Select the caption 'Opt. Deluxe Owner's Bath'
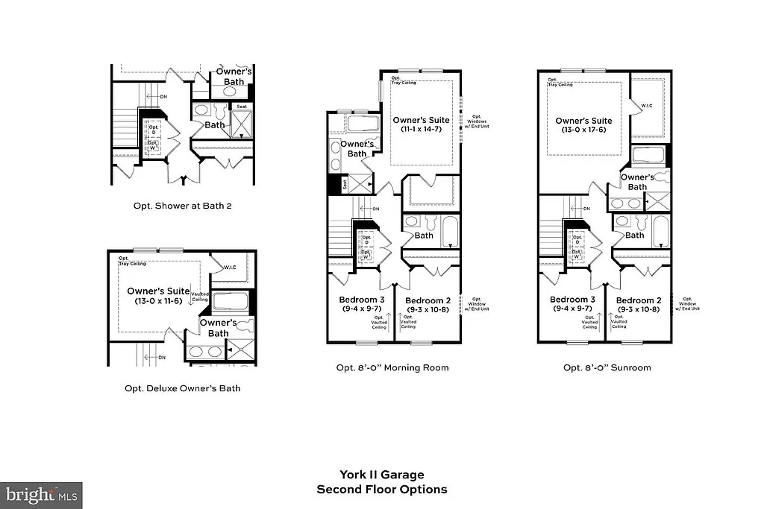coord(183,388)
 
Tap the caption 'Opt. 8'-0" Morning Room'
coord(392,367)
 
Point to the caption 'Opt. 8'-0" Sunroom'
coord(607,367)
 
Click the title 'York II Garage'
coord(382,475)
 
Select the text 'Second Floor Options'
coord(382,490)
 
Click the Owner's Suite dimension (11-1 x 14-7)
coord(422,130)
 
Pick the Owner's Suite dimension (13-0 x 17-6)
coord(583,130)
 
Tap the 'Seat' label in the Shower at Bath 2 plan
coord(242,107)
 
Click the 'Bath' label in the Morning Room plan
coord(424,235)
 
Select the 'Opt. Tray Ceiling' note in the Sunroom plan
coord(560,82)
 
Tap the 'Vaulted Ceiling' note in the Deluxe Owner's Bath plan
coord(200,297)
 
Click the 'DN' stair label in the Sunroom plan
coord(586,209)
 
